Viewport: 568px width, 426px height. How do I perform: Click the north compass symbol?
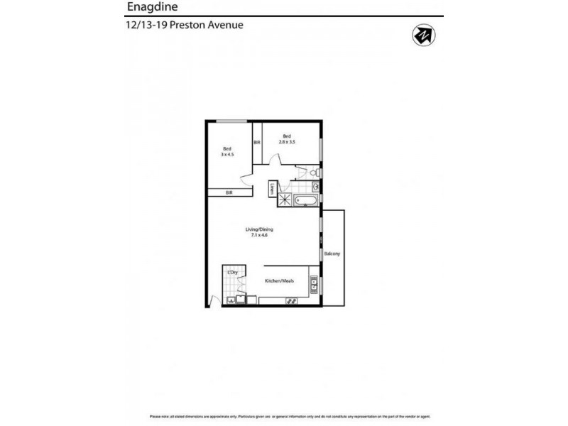point(423,35)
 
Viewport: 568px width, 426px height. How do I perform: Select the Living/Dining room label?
point(259,229)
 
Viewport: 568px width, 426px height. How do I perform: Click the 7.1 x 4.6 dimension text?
point(259,236)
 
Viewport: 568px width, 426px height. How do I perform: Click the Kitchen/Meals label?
point(279,282)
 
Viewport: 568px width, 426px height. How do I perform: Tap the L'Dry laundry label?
point(231,273)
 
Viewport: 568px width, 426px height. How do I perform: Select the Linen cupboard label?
point(273,189)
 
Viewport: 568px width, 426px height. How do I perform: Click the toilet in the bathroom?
point(313,173)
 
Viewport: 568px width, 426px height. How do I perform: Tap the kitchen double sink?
point(313,287)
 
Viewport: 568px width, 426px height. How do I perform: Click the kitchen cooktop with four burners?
point(290,301)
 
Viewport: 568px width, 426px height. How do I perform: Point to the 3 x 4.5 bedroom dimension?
point(226,154)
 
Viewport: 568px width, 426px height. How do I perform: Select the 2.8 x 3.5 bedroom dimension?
point(287,142)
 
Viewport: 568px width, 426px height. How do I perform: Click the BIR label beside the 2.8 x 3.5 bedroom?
point(256,143)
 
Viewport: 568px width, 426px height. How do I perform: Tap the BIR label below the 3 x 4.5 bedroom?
point(229,192)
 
